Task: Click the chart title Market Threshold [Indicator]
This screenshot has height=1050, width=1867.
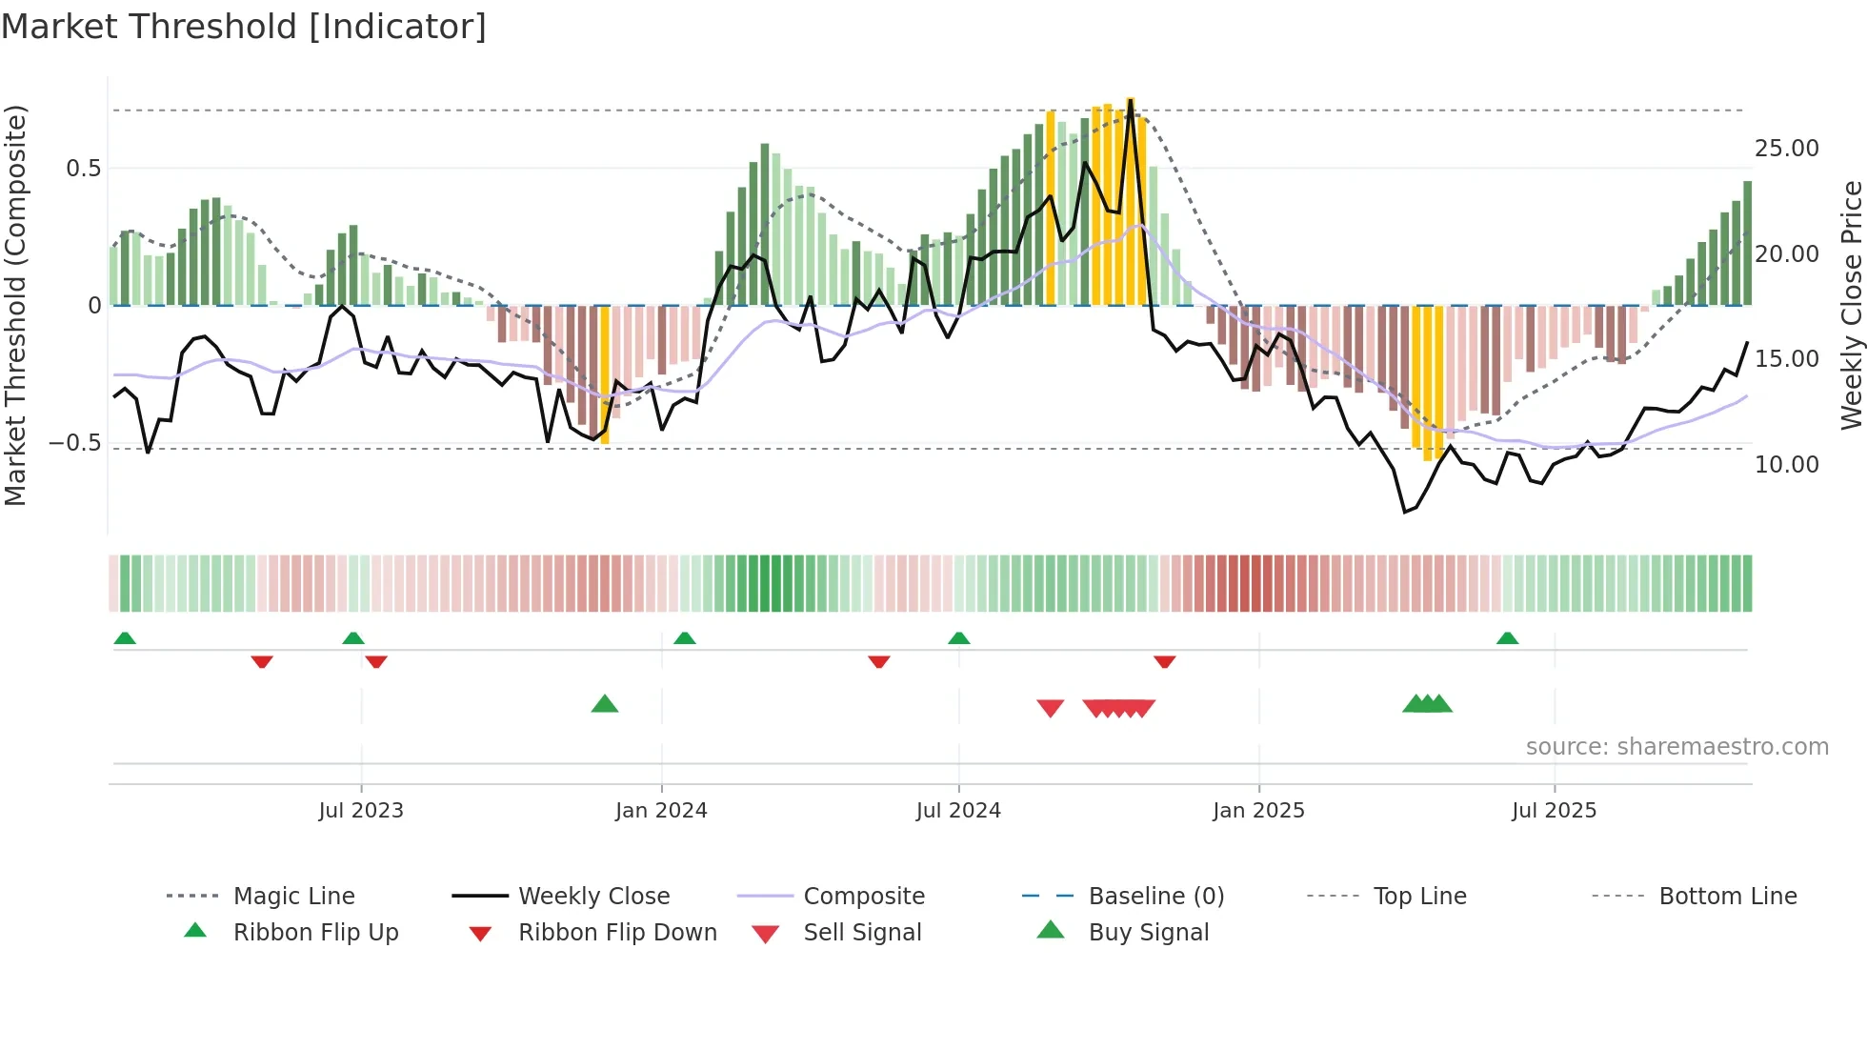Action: tap(244, 27)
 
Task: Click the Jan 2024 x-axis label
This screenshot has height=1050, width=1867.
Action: tap(661, 811)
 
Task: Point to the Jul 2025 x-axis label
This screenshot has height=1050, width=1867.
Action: tap(1554, 811)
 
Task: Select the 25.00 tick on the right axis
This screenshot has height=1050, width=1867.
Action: tap(1786, 149)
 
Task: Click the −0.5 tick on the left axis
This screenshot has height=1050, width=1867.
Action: tap(75, 443)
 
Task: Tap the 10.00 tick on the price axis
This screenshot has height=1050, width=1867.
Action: tap(1786, 465)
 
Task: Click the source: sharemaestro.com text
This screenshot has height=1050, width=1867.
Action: tap(1676, 747)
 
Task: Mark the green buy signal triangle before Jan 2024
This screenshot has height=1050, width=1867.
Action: tap(605, 705)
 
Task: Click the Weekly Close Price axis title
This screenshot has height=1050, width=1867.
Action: tap(1851, 305)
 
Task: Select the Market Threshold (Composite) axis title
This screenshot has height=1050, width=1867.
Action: tap(15, 305)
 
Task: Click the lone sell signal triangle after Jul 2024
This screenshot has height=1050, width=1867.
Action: tap(1050, 708)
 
